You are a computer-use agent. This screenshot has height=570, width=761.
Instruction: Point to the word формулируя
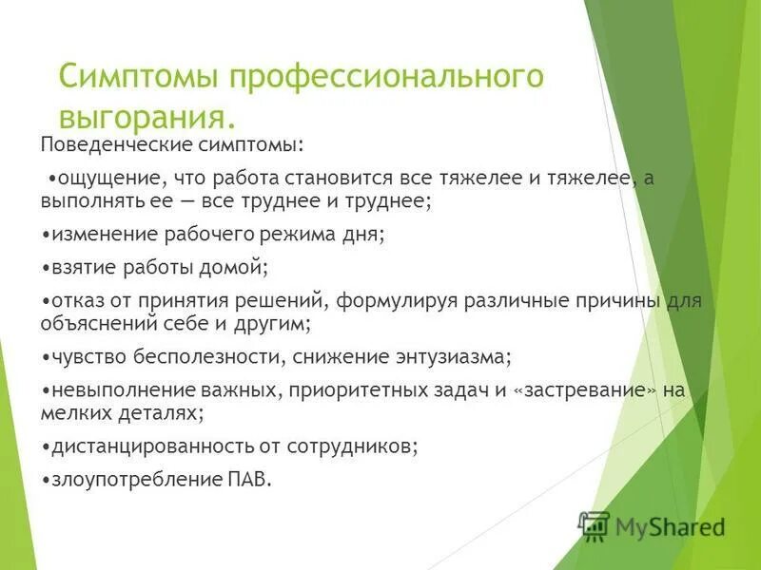(x=395, y=302)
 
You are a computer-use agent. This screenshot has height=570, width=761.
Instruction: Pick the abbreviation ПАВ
(x=251, y=480)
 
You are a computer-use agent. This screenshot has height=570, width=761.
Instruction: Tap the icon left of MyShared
(x=594, y=524)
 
